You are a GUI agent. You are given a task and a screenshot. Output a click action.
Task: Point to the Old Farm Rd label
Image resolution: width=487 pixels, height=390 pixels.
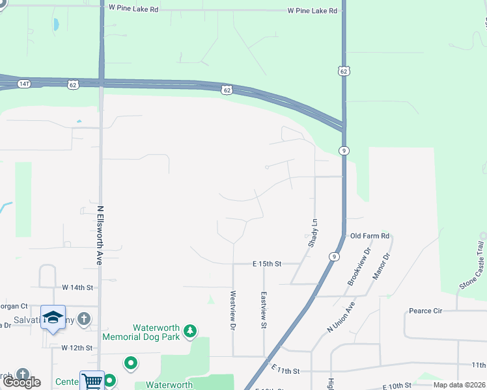(369, 236)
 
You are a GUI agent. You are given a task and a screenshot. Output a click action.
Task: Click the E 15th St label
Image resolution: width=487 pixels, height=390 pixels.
(266, 264)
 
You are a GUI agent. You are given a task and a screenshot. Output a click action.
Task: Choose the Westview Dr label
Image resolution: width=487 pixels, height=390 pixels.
(232, 310)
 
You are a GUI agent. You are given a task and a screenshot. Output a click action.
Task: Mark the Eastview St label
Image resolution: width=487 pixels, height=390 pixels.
(264, 309)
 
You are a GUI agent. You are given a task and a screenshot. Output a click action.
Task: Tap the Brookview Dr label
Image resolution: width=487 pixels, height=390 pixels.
(359, 266)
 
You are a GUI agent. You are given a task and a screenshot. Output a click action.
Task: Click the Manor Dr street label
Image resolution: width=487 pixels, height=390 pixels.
(381, 266)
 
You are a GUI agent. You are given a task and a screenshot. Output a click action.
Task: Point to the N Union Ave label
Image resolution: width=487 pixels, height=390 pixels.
(341, 317)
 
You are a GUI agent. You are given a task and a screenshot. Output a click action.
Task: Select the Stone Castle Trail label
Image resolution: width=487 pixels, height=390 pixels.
(472, 265)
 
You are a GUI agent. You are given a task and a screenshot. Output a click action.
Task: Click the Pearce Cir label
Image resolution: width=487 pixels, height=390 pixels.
(425, 311)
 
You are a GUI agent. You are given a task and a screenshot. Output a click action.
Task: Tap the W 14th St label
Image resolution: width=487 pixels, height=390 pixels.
(78, 287)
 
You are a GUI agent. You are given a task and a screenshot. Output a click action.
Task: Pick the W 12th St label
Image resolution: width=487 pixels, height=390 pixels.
(77, 348)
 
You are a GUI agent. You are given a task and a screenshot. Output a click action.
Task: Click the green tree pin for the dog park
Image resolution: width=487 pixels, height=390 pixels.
(190, 331)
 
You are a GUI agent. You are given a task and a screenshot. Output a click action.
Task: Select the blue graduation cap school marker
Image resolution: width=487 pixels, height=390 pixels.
(53, 317)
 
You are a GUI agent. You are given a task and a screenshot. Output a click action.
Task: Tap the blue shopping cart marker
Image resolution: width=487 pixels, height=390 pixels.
(92, 381)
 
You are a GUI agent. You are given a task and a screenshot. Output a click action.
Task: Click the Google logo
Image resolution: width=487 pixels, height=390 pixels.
(22, 382)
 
